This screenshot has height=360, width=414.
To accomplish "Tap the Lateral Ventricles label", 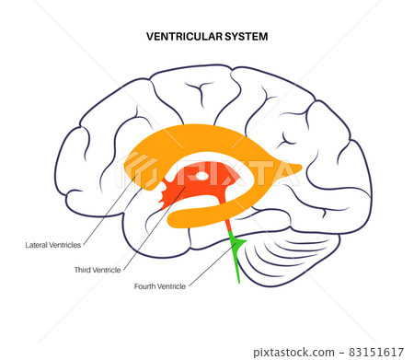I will pos(54,245).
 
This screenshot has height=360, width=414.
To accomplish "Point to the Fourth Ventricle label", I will pos(161,286).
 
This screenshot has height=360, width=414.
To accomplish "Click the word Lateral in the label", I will pos(39,245).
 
